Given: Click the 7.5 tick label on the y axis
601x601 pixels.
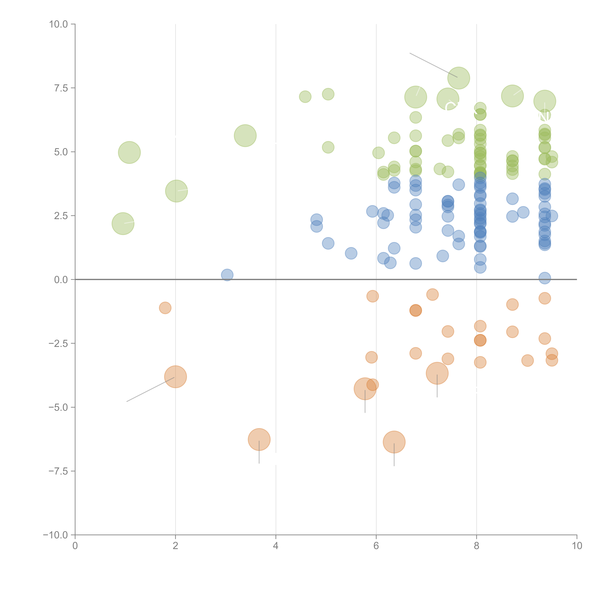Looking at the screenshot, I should click(x=61, y=88).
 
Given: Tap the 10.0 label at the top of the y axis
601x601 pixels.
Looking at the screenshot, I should click(x=59, y=24).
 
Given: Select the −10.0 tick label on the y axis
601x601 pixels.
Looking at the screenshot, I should click(x=55, y=535).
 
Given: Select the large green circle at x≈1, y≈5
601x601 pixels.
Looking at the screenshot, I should click(x=129, y=152).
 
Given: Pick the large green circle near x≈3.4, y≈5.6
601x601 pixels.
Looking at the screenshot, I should click(x=245, y=136).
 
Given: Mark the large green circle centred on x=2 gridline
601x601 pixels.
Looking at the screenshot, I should click(x=176, y=191).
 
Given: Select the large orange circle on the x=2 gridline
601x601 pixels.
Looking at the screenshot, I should click(x=175, y=377).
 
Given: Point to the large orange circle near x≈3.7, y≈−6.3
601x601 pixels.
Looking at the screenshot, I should click(x=259, y=440).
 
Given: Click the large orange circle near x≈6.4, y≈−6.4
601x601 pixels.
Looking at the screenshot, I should click(x=394, y=442).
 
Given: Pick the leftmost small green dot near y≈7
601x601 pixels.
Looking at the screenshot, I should click(x=305, y=97).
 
